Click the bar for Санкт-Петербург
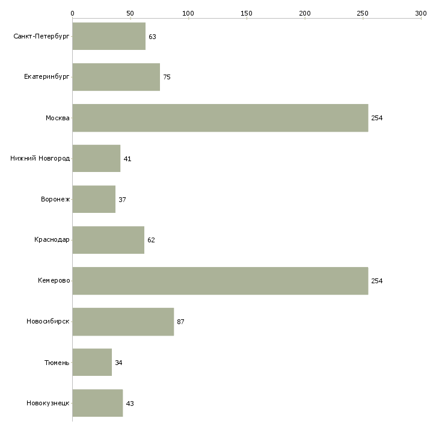(x=109, y=37)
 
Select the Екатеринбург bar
(x=116, y=77)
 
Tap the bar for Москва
(x=220, y=118)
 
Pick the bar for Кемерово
(x=220, y=281)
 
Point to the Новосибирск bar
(x=123, y=322)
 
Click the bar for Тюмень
(x=92, y=363)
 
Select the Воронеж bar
(x=94, y=199)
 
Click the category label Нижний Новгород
(x=40, y=159)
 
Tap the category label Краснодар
(x=52, y=240)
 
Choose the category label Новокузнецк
(x=48, y=404)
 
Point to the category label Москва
(x=58, y=118)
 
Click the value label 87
(x=180, y=322)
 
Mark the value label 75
(x=167, y=77)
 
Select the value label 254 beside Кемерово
(x=376, y=281)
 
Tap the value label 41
(x=127, y=159)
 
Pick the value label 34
(x=118, y=363)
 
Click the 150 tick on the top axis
(x=247, y=13)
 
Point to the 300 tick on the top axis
(x=421, y=13)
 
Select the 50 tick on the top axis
(x=130, y=13)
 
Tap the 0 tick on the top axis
(x=72, y=13)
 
